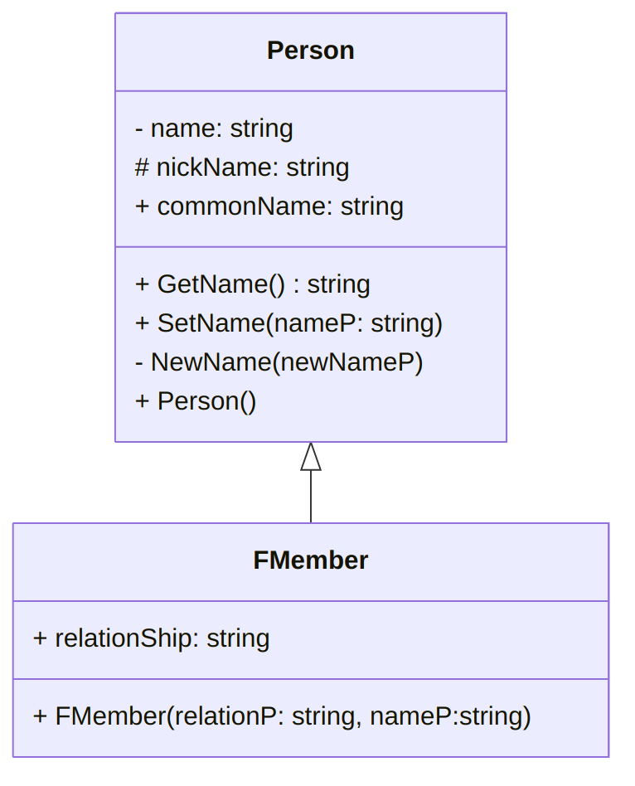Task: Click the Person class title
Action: (310, 51)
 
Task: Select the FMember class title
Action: (310, 560)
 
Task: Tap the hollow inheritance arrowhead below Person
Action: (311, 457)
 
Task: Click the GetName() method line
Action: (252, 284)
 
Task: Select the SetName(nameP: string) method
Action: (288, 323)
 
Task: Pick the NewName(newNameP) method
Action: (279, 362)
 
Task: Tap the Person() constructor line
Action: (196, 401)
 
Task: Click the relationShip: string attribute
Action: (152, 638)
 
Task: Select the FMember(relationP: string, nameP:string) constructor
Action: (282, 716)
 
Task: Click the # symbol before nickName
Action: (142, 167)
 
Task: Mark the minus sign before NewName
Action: (138, 362)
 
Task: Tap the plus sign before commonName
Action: (142, 206)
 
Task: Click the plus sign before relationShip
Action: (40, 638)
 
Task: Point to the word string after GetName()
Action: (338, 284)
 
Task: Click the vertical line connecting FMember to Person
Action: (311, 497)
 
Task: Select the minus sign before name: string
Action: (138, 129)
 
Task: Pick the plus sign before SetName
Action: (142, 323)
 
